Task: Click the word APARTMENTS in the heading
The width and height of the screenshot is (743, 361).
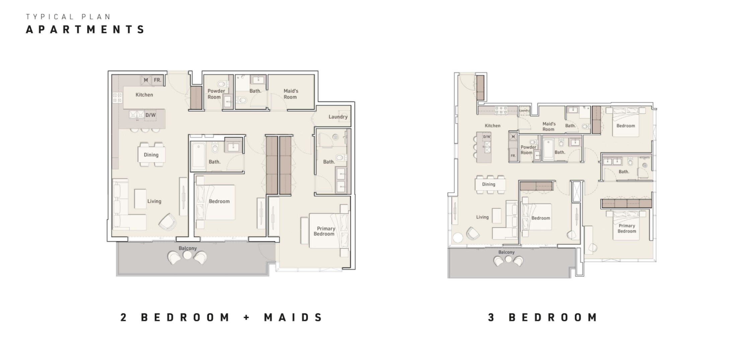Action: pos(85,29)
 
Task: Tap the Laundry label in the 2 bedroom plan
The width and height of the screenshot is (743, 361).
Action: pos(338,117)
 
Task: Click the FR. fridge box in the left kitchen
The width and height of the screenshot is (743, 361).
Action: pos(157,80)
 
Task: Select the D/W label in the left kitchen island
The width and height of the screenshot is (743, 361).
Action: pos(151,115)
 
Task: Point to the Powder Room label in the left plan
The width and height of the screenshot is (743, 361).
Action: pos(216,94)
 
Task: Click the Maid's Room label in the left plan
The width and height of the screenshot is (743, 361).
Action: pos(291,94)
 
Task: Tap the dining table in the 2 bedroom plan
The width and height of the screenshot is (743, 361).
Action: pos(151,155)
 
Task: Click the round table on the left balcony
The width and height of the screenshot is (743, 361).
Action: pos(187,255)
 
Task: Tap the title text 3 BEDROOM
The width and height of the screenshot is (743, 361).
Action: pos(543,317)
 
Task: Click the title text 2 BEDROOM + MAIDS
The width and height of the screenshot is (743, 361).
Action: pos(222,317)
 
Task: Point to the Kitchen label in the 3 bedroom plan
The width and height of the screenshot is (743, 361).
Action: pos(493,126)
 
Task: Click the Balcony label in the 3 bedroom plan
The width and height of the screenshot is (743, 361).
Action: pos(506,252)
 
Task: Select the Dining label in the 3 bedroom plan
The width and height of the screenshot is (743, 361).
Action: pos(489,184)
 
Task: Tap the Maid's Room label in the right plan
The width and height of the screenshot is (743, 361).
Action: pos(549,126)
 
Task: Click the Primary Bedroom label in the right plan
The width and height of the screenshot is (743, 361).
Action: pos(627,228)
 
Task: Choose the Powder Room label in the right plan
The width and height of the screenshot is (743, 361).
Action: pos(528,150)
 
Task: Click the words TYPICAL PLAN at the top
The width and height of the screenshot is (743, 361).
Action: pos(68,17)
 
